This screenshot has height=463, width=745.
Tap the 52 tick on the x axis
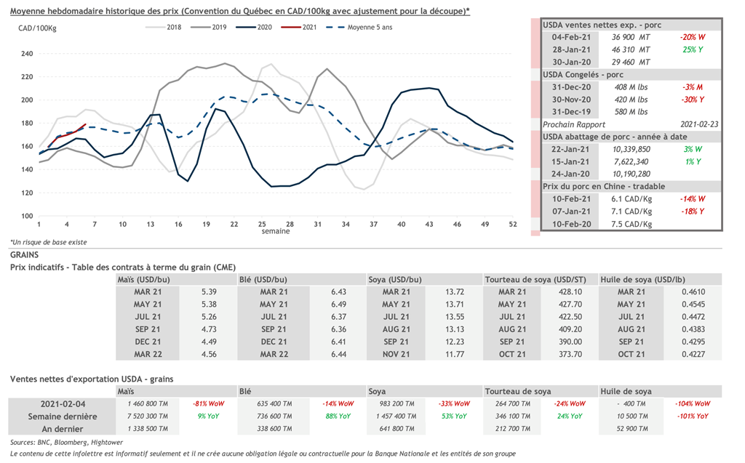[513, 224]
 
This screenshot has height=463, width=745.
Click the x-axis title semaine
[276, 231]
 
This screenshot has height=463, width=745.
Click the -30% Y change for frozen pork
[692, 100]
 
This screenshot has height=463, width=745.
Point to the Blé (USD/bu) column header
[263, 279]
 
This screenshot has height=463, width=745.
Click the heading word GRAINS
[25, 255]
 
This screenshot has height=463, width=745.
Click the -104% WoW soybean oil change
[694, 403]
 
